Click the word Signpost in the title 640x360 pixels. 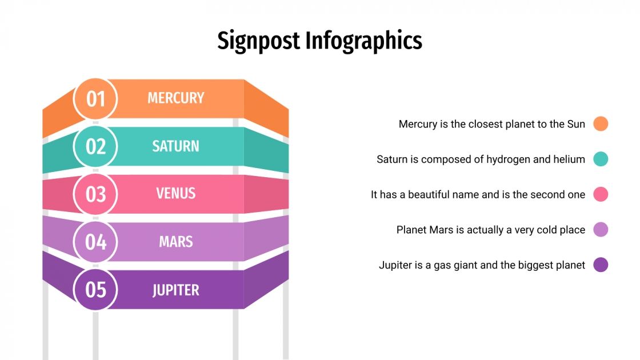coord(258,41)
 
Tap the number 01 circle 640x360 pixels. coord(96,99)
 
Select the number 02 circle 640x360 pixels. coord(96,147)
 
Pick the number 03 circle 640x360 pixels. coord(96,194)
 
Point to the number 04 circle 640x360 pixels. coord(96,242)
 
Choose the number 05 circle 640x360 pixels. coord(96,290)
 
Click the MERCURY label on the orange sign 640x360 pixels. coord(175,98)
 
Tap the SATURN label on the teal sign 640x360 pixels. coord(175,146)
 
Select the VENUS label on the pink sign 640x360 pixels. coord(175,194)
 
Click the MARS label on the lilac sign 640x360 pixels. coord(175,242)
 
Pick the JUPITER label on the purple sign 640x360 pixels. coord(175,290)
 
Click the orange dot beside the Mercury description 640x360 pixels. coord(601,123)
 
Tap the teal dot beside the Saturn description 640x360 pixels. coord(601,159)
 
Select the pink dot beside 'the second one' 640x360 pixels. coord(601,194)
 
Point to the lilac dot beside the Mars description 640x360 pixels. coord(601,230)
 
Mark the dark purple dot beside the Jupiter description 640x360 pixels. coord(601,265)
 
